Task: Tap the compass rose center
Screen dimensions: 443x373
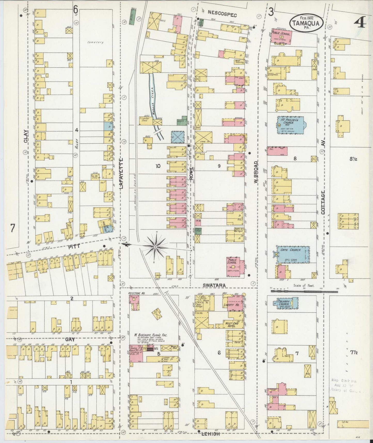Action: click(x=155, y=247)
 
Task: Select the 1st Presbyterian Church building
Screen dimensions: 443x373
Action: click(x=290, y=125)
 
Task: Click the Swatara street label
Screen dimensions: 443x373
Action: click(x=214, y=285)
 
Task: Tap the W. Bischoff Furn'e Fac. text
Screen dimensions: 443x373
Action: click(x=151, y=335)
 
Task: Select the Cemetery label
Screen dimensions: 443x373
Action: click(x=95, y=42)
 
